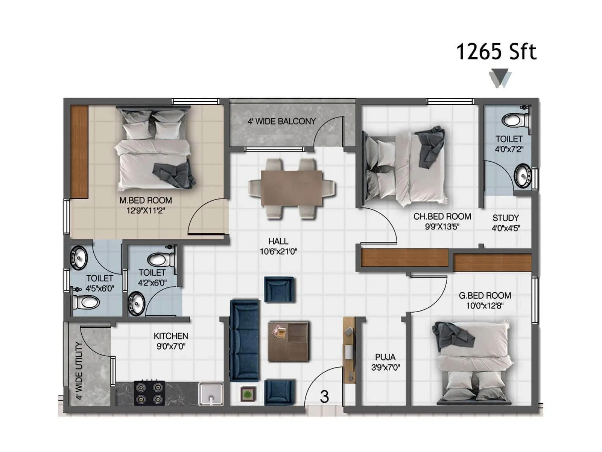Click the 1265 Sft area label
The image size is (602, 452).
(496, 52)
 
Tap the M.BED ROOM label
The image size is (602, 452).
(146, 201)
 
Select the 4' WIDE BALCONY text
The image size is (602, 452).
(281, 121)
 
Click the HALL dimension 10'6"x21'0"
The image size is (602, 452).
(278, 252)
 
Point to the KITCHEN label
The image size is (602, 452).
(171, 336)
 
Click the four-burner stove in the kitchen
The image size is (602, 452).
(149, 393)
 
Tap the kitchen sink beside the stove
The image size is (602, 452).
(211, 394)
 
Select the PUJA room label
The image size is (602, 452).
(385, 357)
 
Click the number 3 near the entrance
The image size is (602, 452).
(324, 397)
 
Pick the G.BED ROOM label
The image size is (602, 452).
(485, 296)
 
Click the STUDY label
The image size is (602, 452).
(506, 218)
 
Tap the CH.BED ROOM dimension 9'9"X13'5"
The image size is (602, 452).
(442, 227)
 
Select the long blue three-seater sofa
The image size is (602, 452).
(245, 341)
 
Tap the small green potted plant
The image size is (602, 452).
(248, 394)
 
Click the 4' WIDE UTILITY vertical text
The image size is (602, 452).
(79, 371)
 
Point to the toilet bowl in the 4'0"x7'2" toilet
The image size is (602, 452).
(512, 121)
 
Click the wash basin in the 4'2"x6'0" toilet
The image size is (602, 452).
(137, 304)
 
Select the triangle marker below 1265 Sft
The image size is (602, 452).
(500, 78)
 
